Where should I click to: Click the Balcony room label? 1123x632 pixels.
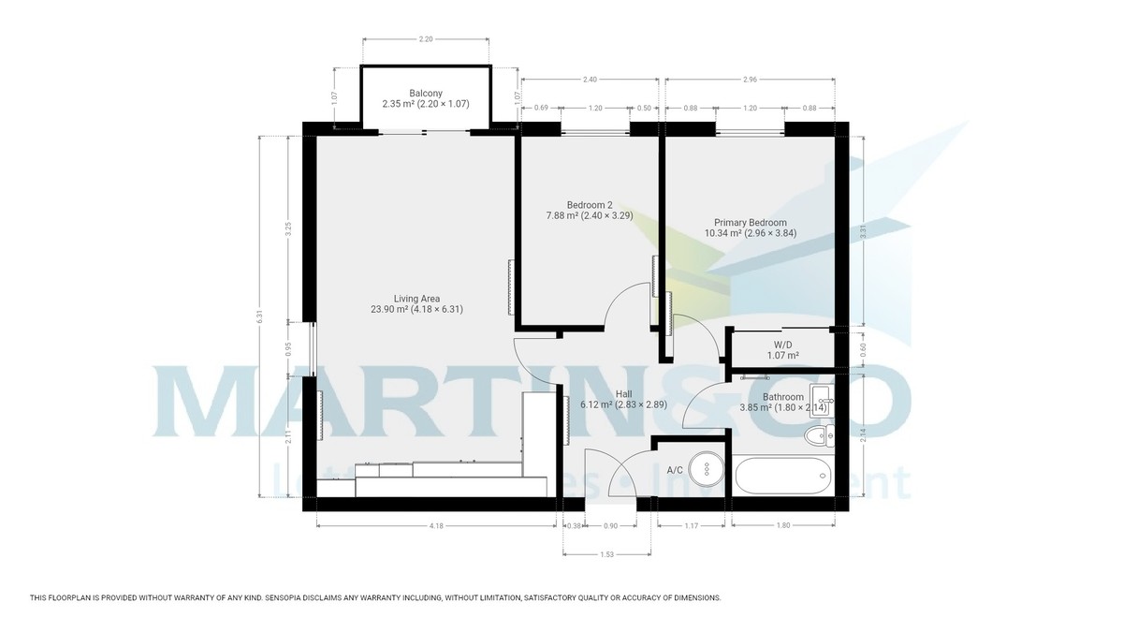pyautogui.click(x=426, y=93)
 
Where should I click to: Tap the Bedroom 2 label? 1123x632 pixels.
pyautogui.click(x=590, y=206)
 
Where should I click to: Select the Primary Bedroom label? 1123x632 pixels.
pyautogui.click(x=748, y=223)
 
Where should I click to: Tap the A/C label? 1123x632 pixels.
pyautogui.click(x=674, y=470)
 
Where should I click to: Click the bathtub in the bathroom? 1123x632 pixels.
pyautogui.click(x=781, y=476)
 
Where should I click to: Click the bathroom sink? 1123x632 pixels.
pyautogui.click(x=822, y=399)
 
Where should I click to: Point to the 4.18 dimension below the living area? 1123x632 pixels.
pyautogui.click(x=436, y=526)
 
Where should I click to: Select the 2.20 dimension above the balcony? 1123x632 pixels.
pyautogui.click(x=426, y=39)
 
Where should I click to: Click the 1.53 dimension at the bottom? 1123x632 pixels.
pyautogui.click(x=606, y=555)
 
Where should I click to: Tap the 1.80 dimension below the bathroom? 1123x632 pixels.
pyautogui.click(x=784, y=526)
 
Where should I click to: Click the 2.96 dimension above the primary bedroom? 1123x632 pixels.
pyautogui.click(x=750, y=81)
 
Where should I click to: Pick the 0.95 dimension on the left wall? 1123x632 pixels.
pyautogui.click(x=288, y=348)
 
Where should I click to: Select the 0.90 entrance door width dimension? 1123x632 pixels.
pyautogui.click(x=610, y=526)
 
